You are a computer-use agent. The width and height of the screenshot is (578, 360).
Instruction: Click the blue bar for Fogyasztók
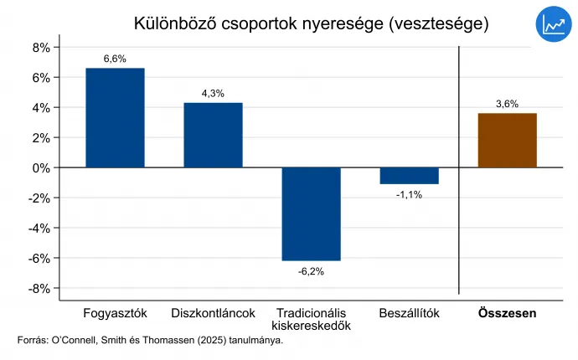tap(115, 117)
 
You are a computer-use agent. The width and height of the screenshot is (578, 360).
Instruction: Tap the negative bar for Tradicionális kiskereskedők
tap(311, 213)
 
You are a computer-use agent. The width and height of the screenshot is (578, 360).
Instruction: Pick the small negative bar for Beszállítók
tap(409, 176)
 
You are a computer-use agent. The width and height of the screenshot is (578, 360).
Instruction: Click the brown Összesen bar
tap(507, 140)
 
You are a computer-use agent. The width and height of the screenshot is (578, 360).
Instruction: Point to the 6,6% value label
tap(115, 59)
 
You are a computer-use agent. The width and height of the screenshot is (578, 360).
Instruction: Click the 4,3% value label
tap(213, 94)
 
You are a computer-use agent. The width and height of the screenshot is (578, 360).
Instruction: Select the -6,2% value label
tap(311, 271)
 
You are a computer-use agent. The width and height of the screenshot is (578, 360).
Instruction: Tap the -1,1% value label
tap(409, 194)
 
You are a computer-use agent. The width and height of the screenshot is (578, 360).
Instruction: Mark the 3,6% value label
tap(507, 105)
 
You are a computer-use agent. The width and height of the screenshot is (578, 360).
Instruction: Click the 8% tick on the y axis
tap(42, 48)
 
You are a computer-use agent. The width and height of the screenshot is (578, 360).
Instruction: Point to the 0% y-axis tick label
tap(42, 167)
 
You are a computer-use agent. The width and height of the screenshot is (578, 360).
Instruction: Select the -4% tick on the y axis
tap(40, 228)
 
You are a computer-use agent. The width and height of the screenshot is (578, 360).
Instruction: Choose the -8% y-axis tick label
tap(40, 288)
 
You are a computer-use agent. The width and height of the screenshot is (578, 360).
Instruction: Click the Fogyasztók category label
tap(116, 313)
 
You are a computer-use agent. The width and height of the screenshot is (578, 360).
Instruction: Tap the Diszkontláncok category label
tap(213, 313)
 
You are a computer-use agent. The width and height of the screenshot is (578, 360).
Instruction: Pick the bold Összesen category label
tap(507, 313)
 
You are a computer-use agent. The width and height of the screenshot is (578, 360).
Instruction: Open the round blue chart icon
tap(553, 26)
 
